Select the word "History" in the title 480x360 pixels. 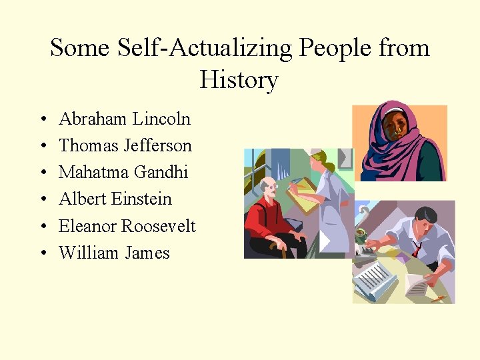click(x=239, y=80)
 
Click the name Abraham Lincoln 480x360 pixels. click(x=125, y=119)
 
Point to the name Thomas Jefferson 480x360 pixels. click(x=125, y=146)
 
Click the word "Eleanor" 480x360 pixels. click(x=87, y=227)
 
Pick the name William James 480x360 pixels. click(x=114, y=253)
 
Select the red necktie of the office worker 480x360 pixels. click(x=417, y=249)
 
